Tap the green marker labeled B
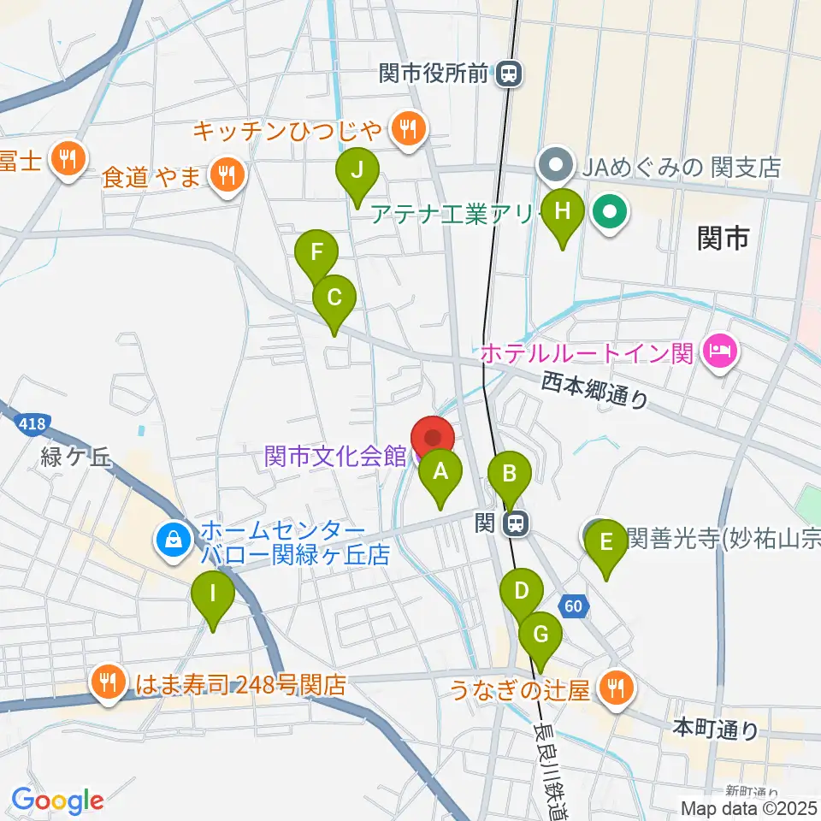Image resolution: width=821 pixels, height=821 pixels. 510,473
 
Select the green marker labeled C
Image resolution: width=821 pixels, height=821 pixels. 334,298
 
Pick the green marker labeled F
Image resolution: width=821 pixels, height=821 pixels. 316,253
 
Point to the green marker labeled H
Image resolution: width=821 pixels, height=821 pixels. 562,211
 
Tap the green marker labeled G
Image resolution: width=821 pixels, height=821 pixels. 540,635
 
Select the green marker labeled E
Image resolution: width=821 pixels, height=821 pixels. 607,543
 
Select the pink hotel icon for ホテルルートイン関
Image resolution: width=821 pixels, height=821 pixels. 719,351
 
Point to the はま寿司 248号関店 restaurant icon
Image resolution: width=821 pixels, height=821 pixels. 108,683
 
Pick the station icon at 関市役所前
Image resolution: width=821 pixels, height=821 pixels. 509,74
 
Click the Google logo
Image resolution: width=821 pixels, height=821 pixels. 57,800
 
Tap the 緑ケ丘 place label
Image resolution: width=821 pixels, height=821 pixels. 76,458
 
